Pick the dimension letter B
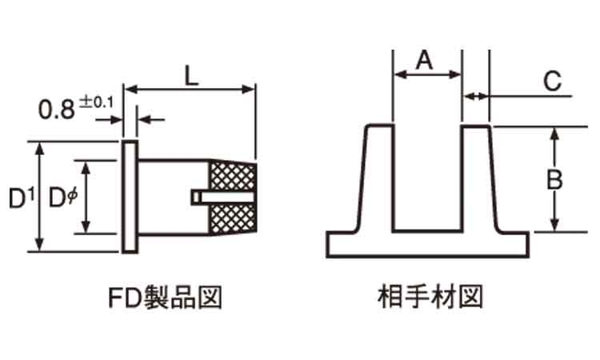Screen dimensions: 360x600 point(554,180)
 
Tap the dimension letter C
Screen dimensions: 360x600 point(553,81)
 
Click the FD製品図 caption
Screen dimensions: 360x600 point(164,298)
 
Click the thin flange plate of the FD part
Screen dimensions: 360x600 point(130,197)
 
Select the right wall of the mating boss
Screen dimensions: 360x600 point(480,180)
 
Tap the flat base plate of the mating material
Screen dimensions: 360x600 point(427,244)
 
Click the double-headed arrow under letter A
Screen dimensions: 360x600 point(428,75)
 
